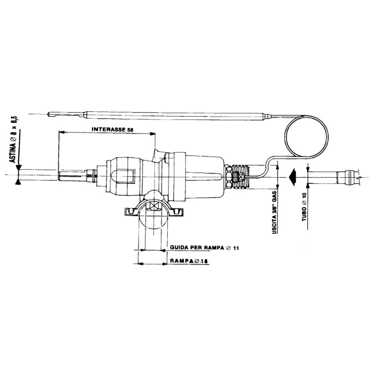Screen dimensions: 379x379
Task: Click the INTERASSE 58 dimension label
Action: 112,129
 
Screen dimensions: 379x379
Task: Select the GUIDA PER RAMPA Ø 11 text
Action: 204,248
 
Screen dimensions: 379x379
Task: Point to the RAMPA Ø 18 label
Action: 189,261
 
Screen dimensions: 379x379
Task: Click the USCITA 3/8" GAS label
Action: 275,212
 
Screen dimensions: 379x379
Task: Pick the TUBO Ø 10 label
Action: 304,207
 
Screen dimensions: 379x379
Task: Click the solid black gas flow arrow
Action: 293,177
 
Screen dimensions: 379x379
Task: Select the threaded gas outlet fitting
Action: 240,177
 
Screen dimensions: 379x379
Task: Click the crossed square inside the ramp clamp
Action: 154,206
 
